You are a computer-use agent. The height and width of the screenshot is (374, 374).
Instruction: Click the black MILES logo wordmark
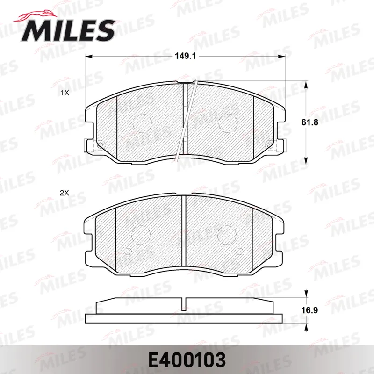(68, 30)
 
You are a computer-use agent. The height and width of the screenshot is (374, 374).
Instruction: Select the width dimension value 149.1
(185, 56)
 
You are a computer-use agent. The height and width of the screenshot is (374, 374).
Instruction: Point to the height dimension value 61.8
(309, 122)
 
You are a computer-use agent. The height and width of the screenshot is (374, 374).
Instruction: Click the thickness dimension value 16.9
(309, 310)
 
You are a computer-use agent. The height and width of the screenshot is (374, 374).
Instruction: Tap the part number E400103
(187, 360)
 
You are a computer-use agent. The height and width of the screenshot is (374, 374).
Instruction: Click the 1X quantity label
(65, 93)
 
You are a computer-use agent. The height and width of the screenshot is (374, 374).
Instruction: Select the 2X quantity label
(64, 193)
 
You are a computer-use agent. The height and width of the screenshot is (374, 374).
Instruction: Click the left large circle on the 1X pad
(142, 123)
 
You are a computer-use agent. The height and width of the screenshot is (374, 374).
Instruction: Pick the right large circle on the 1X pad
(228, 123)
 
